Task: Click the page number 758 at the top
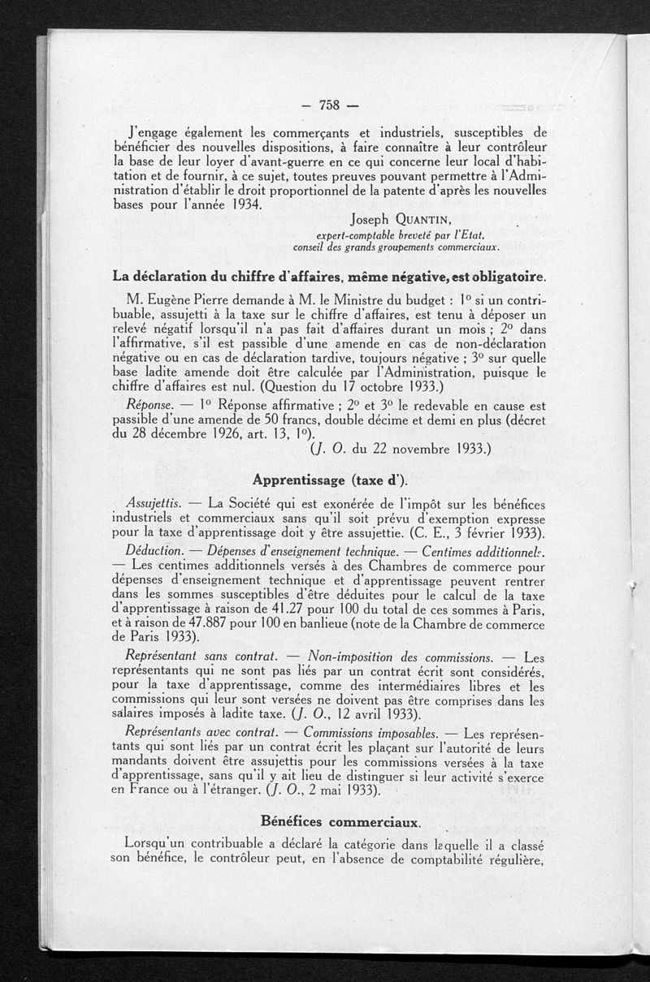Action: click(328, 104)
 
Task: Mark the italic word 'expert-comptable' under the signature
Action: click(336, 235)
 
